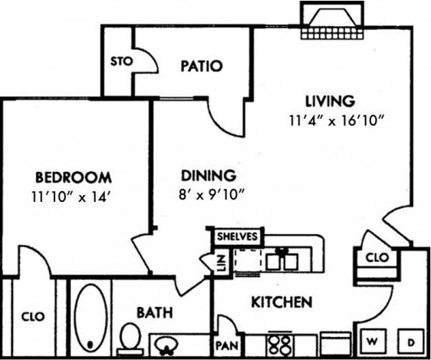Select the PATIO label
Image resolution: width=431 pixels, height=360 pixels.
coord(201,66)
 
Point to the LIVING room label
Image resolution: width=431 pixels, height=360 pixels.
coord(330,101)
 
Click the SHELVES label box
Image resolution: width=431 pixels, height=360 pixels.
coord(237,236)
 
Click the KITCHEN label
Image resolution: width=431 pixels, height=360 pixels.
coord(281,302)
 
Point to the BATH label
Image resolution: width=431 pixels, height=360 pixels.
coord(154,312)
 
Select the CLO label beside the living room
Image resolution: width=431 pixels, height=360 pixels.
coord(377,257)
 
